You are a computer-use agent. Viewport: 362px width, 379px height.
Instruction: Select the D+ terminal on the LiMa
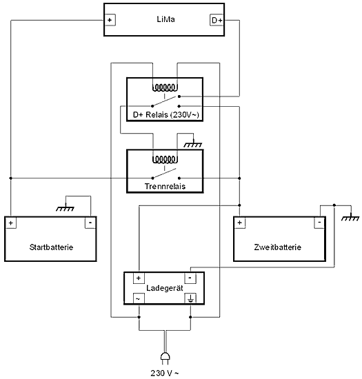216,20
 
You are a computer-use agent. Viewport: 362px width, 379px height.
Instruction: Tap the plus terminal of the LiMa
110,20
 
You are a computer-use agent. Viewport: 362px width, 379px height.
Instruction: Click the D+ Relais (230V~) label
164,114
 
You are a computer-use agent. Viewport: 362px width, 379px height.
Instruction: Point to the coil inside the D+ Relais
164,88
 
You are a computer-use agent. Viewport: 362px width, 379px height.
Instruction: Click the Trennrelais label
164,186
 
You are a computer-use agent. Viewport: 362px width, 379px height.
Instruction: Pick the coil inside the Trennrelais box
164,159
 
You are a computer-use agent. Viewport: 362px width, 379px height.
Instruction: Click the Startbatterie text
52,247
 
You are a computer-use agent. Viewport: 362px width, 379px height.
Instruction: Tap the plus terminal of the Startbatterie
11,223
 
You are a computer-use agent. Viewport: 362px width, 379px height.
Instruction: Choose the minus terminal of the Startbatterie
90,223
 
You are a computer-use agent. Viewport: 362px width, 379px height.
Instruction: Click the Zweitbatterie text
279,247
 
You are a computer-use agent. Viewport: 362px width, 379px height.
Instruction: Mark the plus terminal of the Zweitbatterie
240,223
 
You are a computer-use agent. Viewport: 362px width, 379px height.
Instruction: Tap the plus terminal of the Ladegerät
138,278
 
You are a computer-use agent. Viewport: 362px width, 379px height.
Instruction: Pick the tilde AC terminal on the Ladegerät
138,298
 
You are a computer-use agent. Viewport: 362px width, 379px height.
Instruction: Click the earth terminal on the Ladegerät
190,298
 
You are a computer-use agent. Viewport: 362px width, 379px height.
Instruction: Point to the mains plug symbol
165,356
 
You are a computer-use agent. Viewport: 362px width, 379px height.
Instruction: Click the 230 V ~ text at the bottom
165,372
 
